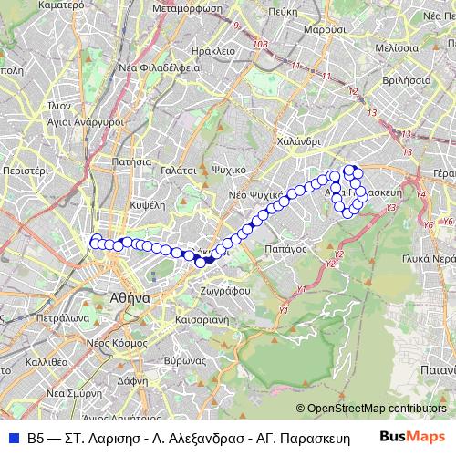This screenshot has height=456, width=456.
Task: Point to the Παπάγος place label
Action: (x=283, y=247)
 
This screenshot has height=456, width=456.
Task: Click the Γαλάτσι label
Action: (x=178, y=170)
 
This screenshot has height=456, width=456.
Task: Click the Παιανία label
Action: (x=438, y=369)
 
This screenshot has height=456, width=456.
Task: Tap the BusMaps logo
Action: (x=413, y=437)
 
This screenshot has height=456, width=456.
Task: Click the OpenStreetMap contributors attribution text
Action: (x=376, y=408)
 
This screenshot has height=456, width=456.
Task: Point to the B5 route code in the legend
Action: (x=35, y=438)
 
